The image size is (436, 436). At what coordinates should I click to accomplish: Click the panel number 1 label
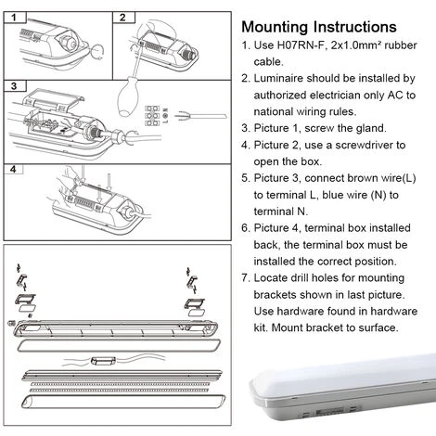coord(14,18)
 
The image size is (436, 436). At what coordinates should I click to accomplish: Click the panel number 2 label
coord(122,18)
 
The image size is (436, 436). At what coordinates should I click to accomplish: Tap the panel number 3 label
coord(14,85)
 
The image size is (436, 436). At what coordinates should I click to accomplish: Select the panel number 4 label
coord(13,169)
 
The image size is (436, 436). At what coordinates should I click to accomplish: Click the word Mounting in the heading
coord(275,27)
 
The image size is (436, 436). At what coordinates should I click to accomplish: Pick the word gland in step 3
coord(371,128)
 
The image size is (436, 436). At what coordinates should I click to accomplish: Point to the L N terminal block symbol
coord(157,116)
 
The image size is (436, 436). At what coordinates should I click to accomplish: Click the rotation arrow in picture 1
coord(96,51)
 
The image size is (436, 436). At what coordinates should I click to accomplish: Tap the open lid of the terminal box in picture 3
coord(53,98)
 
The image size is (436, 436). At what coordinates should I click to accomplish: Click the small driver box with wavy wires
coord(103,361)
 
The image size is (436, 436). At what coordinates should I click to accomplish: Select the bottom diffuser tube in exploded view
coord(123,402)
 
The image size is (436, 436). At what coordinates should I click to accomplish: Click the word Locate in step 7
coord(270,278)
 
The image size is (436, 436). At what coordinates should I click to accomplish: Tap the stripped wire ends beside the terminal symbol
coord(200,116)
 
